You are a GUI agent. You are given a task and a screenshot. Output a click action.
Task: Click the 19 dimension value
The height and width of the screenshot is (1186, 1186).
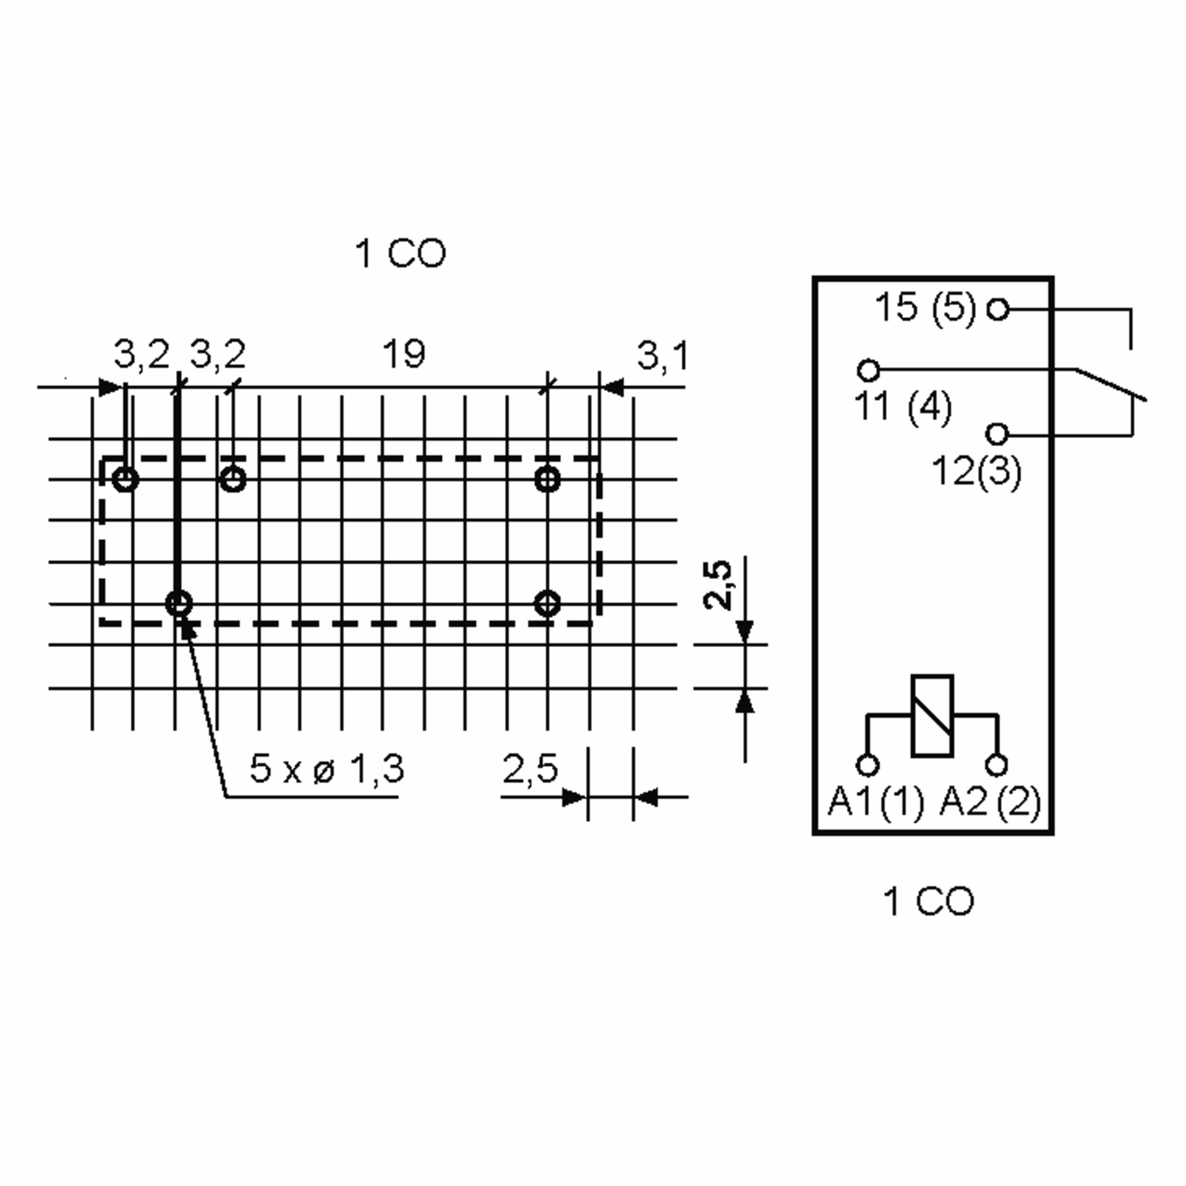(x=403, y=354)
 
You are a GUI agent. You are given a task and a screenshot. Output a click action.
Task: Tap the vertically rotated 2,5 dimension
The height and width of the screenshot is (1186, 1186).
(x=718, y=585)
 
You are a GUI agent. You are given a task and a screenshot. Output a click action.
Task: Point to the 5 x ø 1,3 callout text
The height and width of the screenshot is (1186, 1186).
(x=327, y=768)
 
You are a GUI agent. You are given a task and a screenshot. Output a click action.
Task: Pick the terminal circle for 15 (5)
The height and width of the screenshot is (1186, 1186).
(x=998, y=309)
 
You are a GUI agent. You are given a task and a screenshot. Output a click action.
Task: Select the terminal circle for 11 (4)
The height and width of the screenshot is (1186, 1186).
(x=868, y=370)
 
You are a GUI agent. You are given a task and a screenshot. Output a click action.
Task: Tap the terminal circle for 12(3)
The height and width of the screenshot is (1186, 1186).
(x=997, y=434)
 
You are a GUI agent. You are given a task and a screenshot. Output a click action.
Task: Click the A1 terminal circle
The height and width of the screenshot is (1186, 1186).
(x=867, y=765)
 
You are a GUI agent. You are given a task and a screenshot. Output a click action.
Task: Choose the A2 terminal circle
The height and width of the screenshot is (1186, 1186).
(x=996, y=765)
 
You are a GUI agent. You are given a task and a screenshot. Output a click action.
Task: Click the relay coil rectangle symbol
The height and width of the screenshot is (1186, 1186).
(x=932, y=716)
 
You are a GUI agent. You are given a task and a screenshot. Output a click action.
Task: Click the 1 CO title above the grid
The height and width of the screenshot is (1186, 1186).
(x=401, y=254)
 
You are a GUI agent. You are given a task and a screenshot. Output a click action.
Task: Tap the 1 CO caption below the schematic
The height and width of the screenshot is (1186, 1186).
(x=928, y=902)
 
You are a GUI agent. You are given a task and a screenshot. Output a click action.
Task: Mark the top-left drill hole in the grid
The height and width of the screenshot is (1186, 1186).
(x=126, y=478)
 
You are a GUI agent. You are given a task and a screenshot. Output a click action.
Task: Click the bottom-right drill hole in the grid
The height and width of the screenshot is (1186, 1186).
(x=548, y=603)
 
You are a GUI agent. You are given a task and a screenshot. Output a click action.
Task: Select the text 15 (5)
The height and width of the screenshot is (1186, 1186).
(x=925, y=308)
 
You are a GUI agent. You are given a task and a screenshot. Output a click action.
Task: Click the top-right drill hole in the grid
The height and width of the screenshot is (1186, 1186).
(x=548, y=479)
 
